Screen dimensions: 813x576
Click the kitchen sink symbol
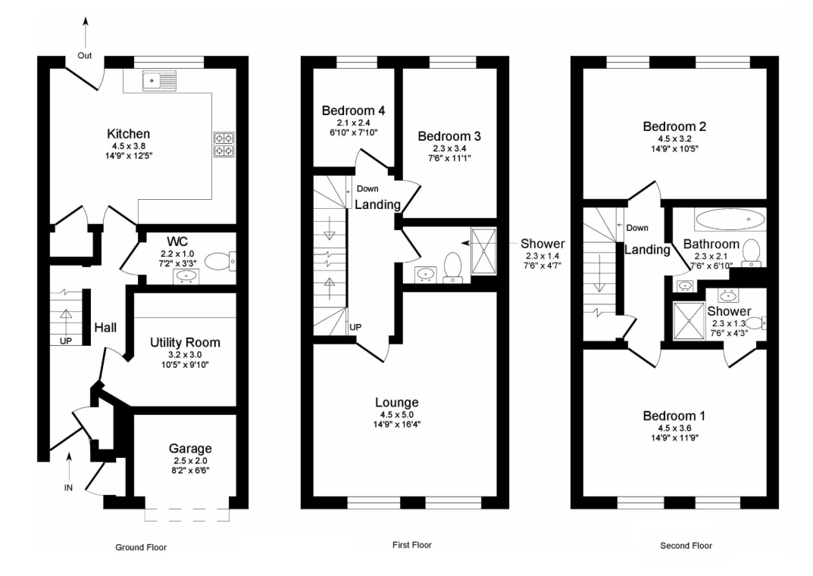pyautogui.click(x=160, y=81)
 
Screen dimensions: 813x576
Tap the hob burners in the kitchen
pyautogui.click(x=224, y=145)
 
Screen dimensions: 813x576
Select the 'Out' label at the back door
pyautogui.click(x=85, y=55)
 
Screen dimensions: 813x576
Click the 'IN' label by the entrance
pyautogui.click(x=68, y=487)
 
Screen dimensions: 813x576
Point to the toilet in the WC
pyautogui.click(x=220, y=261)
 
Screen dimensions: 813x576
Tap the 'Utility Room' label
pyautogui.click(x=185, y=342)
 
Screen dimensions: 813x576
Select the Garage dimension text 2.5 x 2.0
pyautogui.click(x=190, y=460)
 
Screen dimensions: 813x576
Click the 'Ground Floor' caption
pyautogui.click(x=141, y=547)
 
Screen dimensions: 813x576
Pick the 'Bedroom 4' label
pyautogui.click(x=353, y=111)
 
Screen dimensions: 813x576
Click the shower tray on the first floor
pyautogui.click(x=483, y=251)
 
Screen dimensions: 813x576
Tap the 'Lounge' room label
pyautogui.click(x=396, y=403)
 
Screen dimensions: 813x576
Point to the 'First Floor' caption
pyautogui.click(x=412, y=545)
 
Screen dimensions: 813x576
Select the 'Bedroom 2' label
pyautogui.click(x=674, y=126)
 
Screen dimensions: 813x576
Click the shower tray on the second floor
pyautogui.click(x=689, y=321)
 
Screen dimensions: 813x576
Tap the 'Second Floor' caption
pyautogui.click(x=686, y=546)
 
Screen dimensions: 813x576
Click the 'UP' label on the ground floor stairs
pyautogui.click(x=66, y=341)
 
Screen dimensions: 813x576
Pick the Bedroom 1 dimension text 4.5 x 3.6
pyautogui.click(x=674, y=428)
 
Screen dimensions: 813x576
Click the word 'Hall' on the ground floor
pyautogui.click(x=105, y=328)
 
